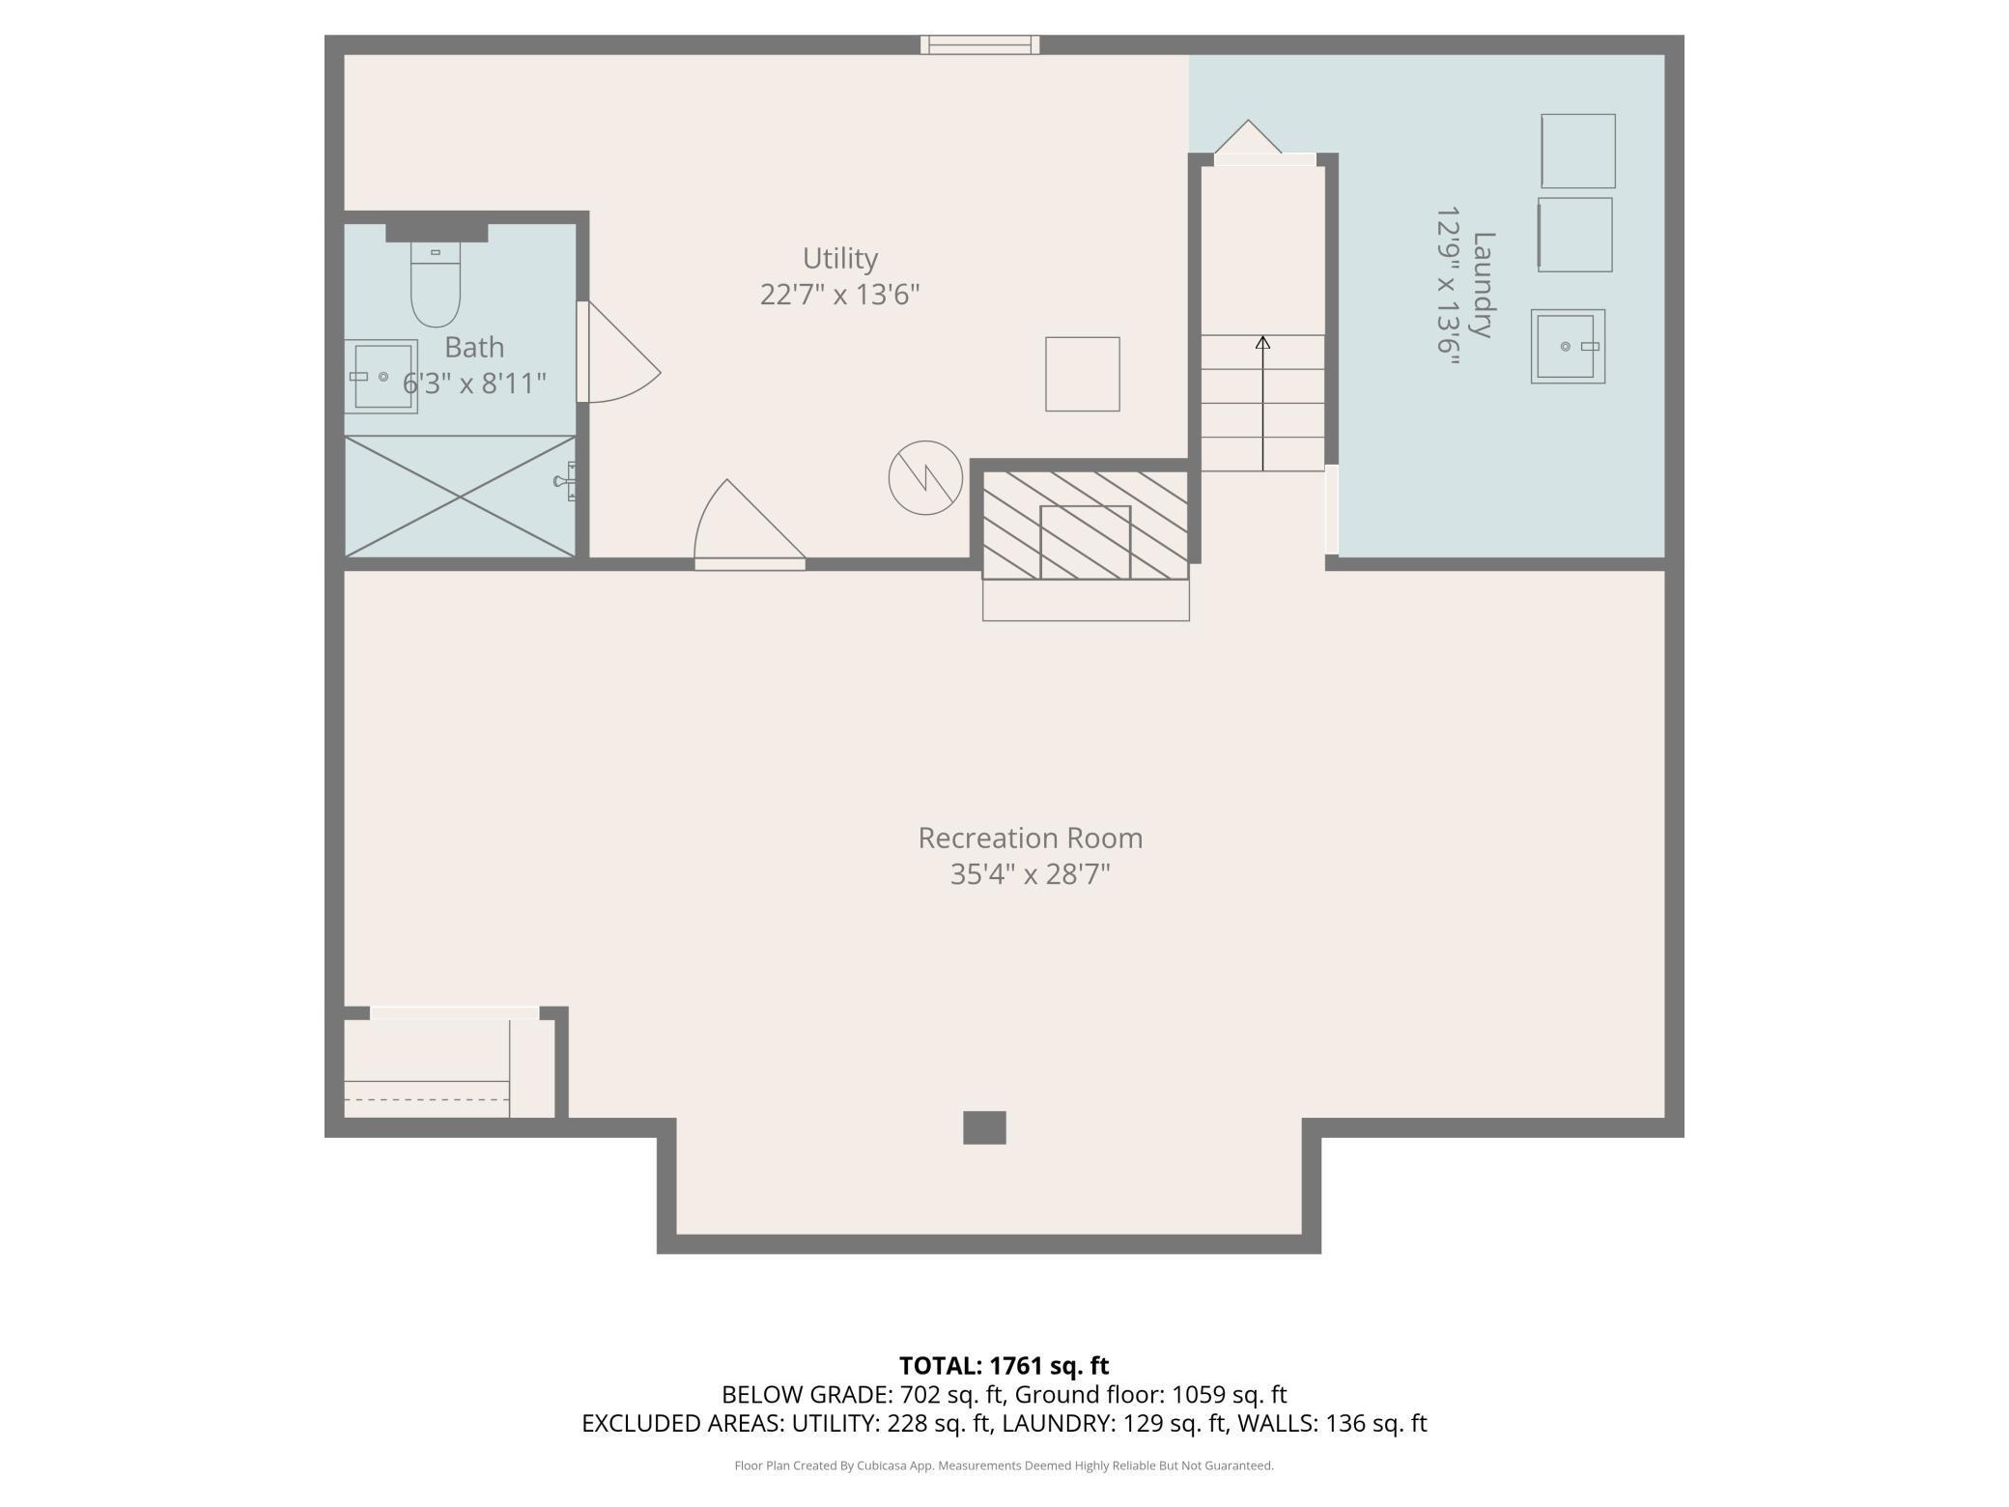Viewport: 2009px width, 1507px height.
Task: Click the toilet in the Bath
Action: click(x=436, y=284)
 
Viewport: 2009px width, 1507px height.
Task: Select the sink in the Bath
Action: click(x=382, y=376)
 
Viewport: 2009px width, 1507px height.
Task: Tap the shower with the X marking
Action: click(x=460, y=497)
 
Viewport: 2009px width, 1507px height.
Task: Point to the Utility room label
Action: click(x=840, y=259)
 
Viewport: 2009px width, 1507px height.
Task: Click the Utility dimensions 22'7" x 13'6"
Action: click(x=839, y=295)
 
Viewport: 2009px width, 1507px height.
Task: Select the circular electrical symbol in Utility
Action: click(x=925, y=477)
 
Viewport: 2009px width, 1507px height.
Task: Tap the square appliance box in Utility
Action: click(x=1083, y=374)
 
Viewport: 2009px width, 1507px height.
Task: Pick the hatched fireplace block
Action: click(x=1086, y=526)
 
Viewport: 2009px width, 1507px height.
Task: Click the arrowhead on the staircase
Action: click(x=1262, y=342)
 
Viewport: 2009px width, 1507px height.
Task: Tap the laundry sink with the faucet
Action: click(x=1568, y=346)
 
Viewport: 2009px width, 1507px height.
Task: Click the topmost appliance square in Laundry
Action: click(x=1578, y=151)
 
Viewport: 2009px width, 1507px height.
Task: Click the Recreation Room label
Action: click(x=1031, y=838)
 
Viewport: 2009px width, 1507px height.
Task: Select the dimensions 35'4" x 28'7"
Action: click(x=1031, y=874)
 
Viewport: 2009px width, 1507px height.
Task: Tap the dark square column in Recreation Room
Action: click(x=984, y=1127)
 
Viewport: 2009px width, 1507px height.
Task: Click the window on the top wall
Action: click(x=979, y=44)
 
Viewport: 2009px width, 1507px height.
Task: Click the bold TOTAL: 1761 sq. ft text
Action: click(x=1004, y=1365)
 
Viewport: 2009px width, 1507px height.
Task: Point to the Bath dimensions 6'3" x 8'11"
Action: click(x=474, y=384)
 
